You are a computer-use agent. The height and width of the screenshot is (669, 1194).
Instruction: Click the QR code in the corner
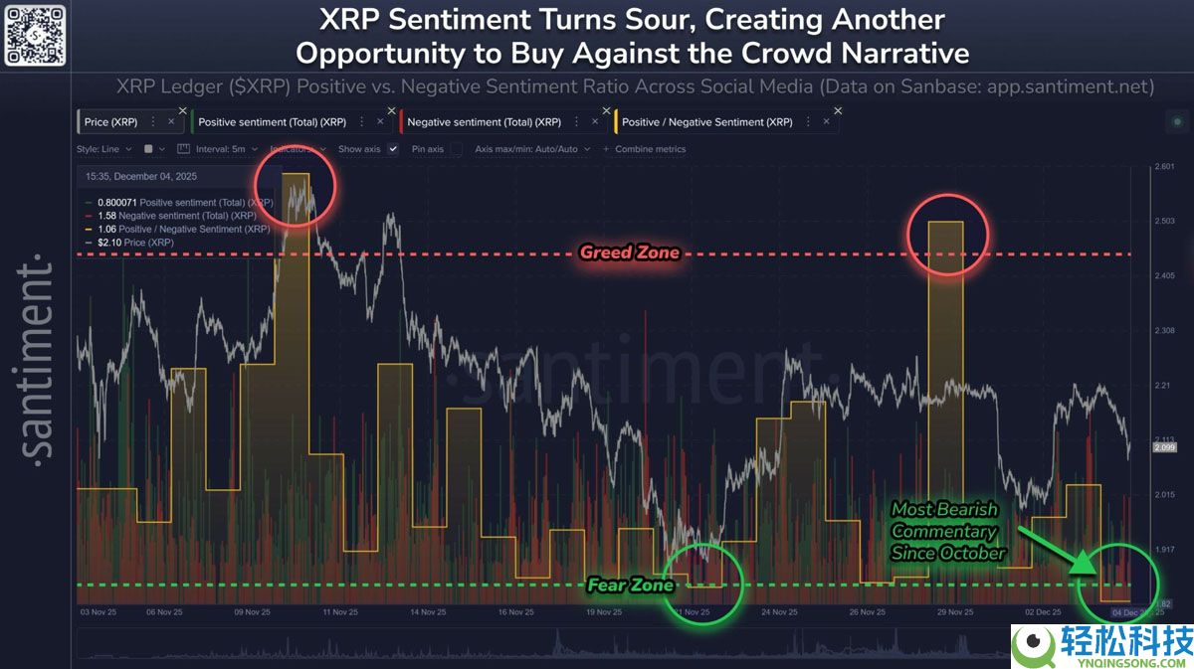pyautogui.click(x=35, y=35)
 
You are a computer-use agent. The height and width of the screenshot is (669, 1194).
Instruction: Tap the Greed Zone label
pyautogui.click(x=630, y=252)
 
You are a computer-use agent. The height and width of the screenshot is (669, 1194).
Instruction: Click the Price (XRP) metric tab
pyautogui.click(x=110, y=122)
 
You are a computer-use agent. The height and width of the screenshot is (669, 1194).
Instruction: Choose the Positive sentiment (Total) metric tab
pyautogui.click(x=271, y=122)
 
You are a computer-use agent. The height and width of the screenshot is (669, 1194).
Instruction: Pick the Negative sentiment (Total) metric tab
pyautogui.click(x=480, y=122)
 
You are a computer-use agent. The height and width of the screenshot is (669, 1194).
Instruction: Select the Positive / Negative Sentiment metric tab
pyautogui.click(x=706, y=122)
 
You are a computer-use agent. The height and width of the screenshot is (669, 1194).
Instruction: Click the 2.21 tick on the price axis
pyautogui.click(x=1161, y=385)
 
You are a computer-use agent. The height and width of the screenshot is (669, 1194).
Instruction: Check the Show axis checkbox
pyautogui.click(x=393, y=149)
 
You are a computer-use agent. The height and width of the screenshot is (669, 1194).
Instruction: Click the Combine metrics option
pyautogui.click(x=650, y=149)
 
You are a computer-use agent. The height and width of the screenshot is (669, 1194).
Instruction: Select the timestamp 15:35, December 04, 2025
pyautogui.click(x=142, y=177)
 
